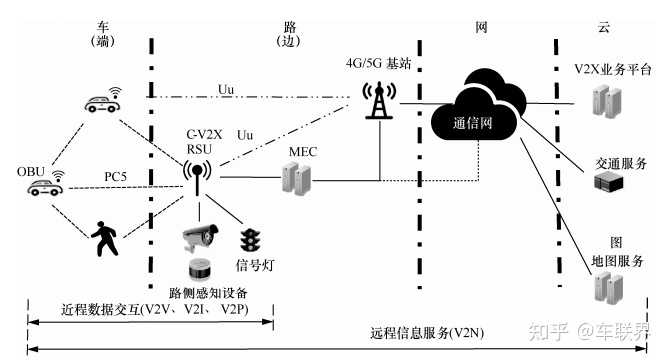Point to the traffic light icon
pos(249,240)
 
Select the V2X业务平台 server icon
pos(602,99)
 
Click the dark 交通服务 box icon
pos(607,181)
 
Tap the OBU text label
pos(30,171)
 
